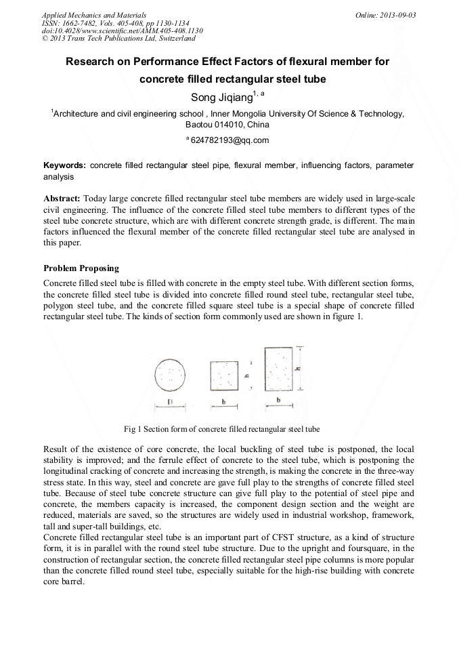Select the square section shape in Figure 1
(224, 375)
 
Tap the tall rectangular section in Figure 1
(279, 368)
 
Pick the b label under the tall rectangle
(279, 401)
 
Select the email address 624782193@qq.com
(230, 140)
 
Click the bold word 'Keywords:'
(64, 165)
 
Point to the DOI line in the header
(122, 31)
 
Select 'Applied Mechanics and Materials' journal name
(93, 15)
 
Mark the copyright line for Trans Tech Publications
(118, 39)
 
